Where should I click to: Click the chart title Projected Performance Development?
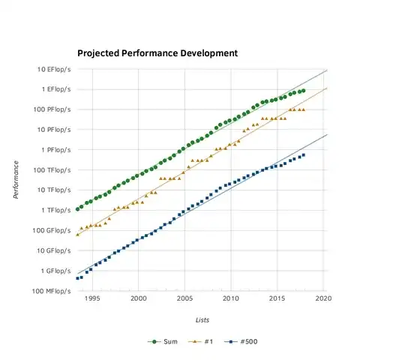click(157, 54)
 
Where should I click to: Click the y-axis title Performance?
click(16, 180)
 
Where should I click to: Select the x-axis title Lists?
click(202, 319)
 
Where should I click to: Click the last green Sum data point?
click(303, 91)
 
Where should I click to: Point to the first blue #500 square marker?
click(77, 278)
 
